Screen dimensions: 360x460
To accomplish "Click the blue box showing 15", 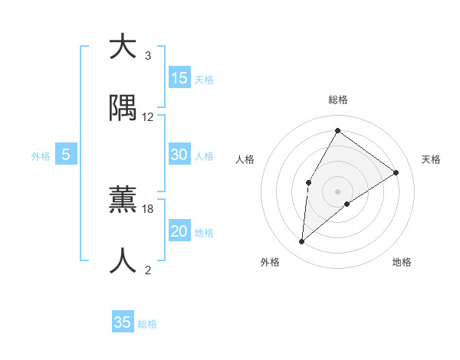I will [179, 78].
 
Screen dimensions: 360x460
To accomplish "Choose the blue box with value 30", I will [179, 155].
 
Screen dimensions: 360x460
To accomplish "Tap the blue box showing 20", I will [179, 231].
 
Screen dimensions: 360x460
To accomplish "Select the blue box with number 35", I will [123, 322].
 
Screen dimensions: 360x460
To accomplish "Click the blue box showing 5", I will [66, 155].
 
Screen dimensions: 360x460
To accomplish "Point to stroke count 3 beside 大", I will [148, 56].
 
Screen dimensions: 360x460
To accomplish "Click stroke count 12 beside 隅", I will [148, 117].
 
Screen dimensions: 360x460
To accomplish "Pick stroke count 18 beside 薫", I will [148, 208].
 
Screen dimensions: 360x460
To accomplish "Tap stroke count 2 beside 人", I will [148, 270].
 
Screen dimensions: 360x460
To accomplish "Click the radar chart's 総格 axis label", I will [338, 100].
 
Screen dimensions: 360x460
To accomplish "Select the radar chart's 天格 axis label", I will [431, 159].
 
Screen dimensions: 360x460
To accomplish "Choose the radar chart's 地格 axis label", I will [402, 262].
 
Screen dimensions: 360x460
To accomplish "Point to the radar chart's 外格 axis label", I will [270, 262].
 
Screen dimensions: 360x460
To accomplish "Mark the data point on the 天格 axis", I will [396, 172].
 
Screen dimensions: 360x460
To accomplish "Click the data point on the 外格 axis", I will [302, 242].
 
